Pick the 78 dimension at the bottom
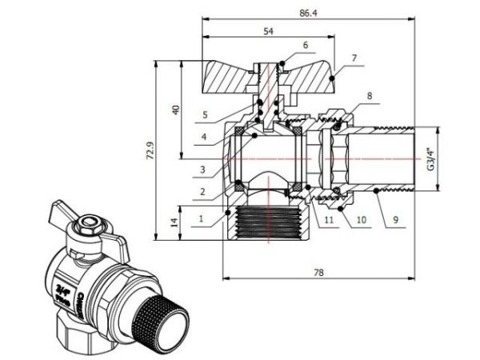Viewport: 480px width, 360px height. [x=319, y=272]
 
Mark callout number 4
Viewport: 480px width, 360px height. [x=205, y=137]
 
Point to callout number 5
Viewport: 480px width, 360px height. [x=205, y=114]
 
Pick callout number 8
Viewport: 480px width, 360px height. [x=369, y=96]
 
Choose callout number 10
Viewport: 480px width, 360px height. [x=360, y=218]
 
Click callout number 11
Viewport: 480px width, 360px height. [x=329, y=218]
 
